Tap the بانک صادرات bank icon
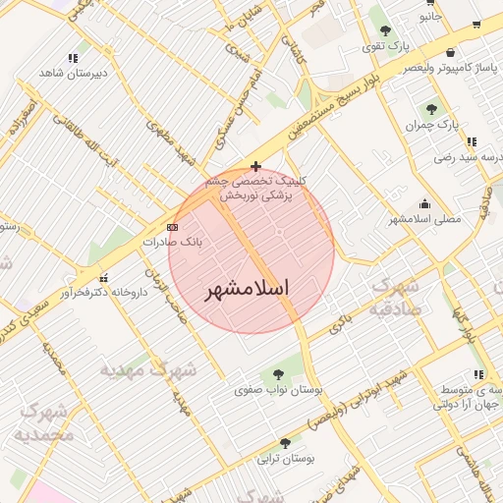coord(173,227)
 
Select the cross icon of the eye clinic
coord(256,167)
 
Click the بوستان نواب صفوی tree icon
coord(277,373)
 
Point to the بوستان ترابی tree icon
coord(285,443)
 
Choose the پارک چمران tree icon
coord(431,109)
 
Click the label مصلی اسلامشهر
coord(424,218)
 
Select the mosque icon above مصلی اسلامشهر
coord(423,202)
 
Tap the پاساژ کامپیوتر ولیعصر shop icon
coord(450,52)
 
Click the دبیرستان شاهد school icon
coord(73,58)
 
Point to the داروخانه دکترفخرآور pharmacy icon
coord(104,277)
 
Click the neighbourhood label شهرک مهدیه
coord(148,371)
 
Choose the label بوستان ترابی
coord(284,459)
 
